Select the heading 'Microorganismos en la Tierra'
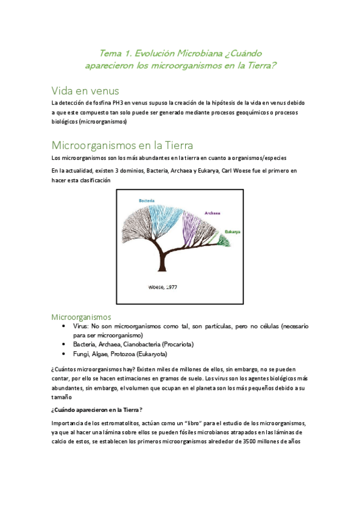tap(122, 145)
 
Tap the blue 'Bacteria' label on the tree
tap(147, 200)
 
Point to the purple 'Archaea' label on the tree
tap(212, 213)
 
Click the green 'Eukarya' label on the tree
tap(234, 231)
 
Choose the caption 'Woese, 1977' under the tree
tap(162, 287)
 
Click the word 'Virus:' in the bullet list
tap(81, 326)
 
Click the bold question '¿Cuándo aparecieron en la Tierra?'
tap(97, 410)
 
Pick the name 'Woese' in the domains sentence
tap(241, 171)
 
